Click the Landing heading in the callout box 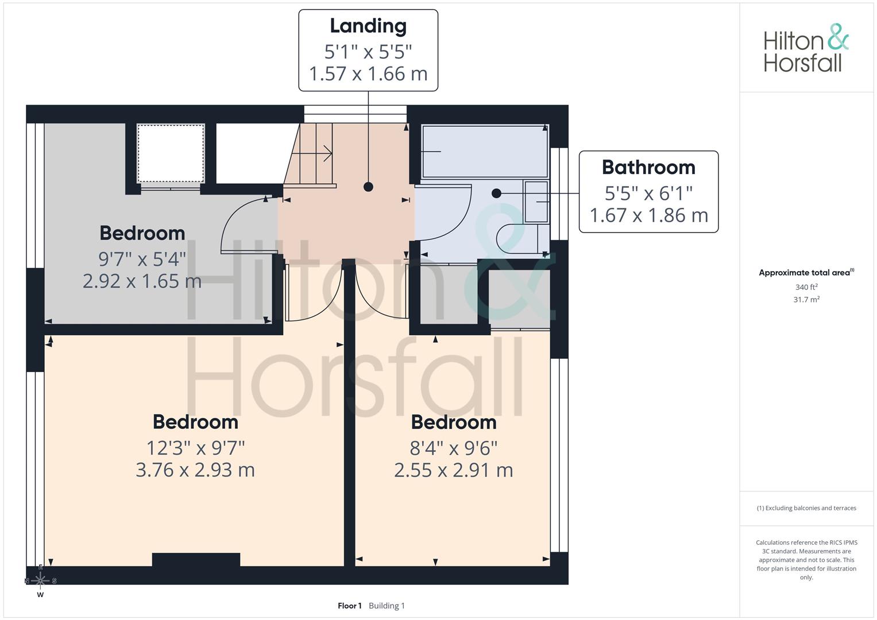368,26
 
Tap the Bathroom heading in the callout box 648,167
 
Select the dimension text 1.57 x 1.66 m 368,73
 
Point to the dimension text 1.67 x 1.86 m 649,215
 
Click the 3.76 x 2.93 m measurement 195,470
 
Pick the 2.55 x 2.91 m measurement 453,470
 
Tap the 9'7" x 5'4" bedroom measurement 142,259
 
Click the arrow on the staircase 312,153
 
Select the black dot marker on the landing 368,187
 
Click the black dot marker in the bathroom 496,193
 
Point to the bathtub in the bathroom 485,151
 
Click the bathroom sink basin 536,201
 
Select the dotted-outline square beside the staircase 171,153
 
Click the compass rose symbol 40,580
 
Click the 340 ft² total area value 806,287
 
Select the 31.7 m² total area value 806,300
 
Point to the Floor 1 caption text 350,606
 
